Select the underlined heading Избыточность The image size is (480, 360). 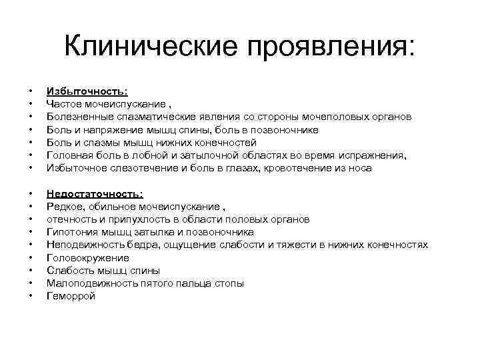point(87,91)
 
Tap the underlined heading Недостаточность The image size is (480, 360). point(95,194)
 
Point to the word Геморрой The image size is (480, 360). point(71,296)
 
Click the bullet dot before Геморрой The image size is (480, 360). point(31,296)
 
